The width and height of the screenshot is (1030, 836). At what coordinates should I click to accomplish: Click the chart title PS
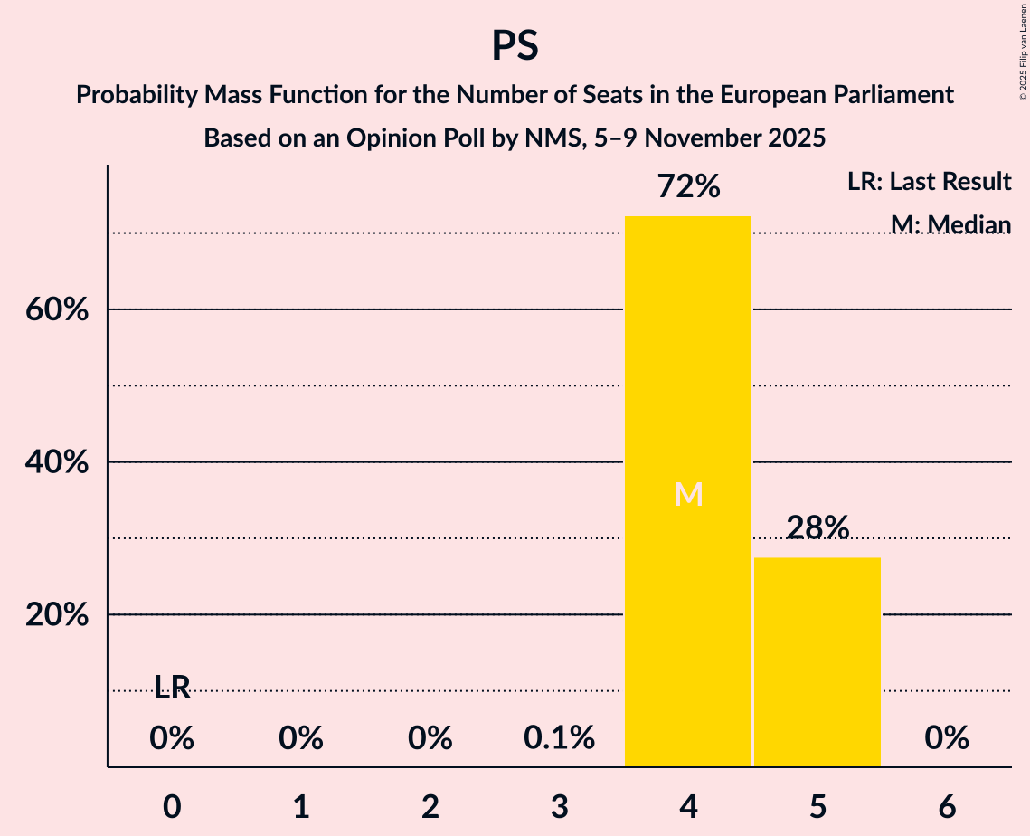515,45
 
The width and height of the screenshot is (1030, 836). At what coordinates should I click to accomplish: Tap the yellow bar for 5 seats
817,661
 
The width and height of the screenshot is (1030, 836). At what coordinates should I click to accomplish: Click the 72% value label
688,187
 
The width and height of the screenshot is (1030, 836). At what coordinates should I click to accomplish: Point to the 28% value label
817,527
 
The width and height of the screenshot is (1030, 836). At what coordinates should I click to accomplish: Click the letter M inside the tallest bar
688,494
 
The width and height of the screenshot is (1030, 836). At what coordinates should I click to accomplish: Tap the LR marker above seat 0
172,689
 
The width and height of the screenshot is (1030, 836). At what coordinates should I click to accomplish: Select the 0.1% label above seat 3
559,738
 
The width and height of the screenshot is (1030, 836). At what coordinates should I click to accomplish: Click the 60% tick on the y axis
56,310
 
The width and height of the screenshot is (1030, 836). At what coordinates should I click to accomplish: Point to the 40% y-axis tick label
56,462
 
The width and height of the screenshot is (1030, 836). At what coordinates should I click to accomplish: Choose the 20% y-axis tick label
56,615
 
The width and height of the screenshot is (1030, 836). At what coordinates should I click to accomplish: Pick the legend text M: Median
950,223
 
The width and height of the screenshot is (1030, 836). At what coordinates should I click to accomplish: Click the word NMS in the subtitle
542,138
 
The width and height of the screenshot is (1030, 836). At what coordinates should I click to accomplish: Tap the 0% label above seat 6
947,738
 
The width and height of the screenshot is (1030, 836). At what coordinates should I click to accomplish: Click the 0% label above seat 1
301,738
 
